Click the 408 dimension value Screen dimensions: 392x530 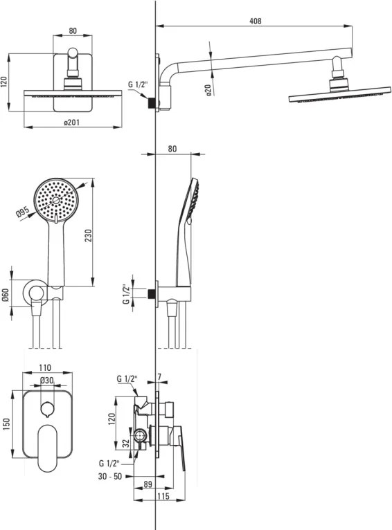coord(256,21)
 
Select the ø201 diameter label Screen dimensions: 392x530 coord(72,122)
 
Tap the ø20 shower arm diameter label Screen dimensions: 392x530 coord(208,90)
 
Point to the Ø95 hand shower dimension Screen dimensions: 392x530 coord(23,212)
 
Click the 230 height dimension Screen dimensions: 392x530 coord(88,235)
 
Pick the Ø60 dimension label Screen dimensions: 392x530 coord(6,295)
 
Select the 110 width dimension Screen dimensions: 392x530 coord(45,367)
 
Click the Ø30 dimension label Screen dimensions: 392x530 coord(46,381)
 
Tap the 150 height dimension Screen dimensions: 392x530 coord(6,424)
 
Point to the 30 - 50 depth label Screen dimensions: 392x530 coord(110,476)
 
